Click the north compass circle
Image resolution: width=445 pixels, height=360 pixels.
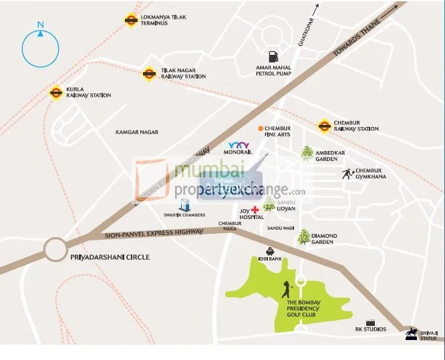click(41, 47)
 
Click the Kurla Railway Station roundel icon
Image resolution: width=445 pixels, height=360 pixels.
click(56, 92)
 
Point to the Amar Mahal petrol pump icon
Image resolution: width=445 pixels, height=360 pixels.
click(273, 57)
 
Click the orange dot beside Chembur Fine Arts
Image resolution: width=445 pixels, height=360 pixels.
click(261, 128)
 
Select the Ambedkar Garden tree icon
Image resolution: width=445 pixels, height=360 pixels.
click(307, 153)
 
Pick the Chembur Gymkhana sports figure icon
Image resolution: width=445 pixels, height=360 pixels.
click(347, 174)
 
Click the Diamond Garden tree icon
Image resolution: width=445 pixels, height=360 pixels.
click(304, 236)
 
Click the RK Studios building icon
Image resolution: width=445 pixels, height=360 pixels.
click(370, 322)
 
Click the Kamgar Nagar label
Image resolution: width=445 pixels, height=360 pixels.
click(137, 132)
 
